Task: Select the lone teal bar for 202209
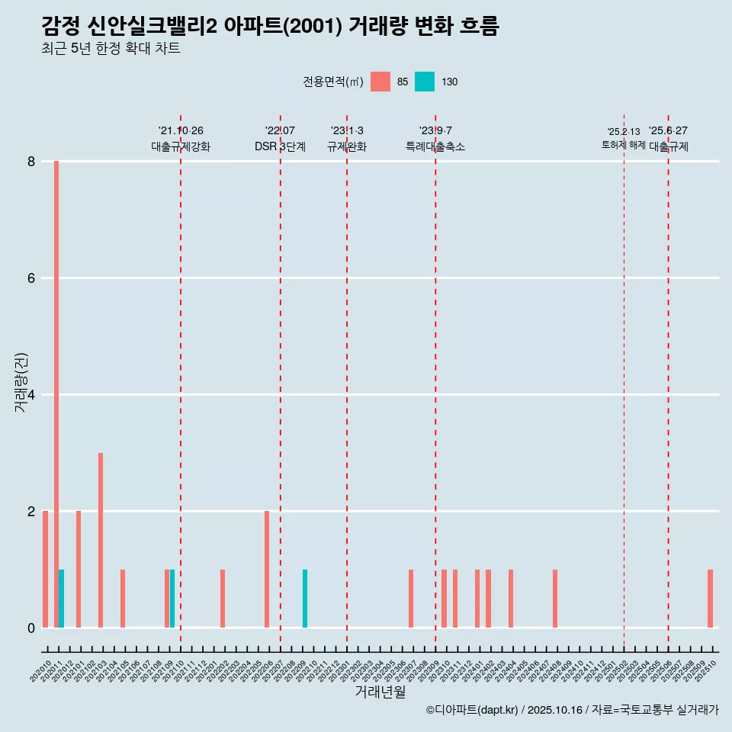tap(305, 599)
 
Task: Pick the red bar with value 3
tap(101, 540)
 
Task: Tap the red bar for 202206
tap(267, 569)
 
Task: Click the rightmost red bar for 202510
tap(710, 599)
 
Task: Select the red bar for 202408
tap(555, 599)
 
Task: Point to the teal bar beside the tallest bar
tap(62, 599)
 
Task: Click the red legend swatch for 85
tap(380, 82)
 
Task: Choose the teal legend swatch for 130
tap(425, 82)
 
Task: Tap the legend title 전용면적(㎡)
tap(333, 82)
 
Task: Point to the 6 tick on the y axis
tap(31, 278)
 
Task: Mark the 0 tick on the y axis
tap(31, 628)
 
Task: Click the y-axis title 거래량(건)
tap(21, 383)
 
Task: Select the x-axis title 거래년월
tap(380, 692)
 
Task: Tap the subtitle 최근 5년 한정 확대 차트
tap(111, 49)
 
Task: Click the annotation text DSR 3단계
tap(281, 146)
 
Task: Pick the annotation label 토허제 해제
tap(623, 145)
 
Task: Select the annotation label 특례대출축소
tap(435, 146)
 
